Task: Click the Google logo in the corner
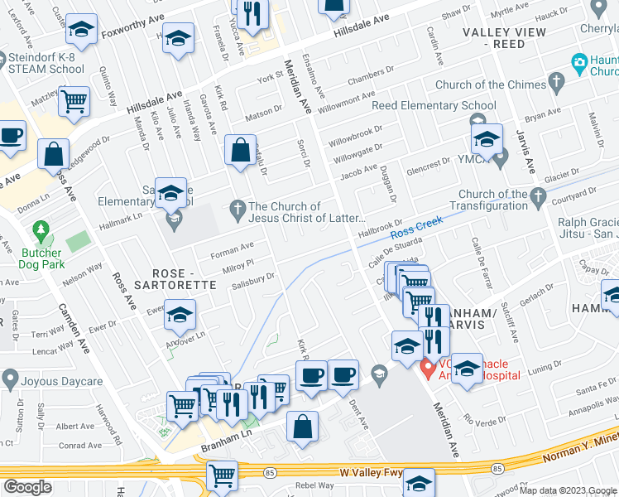pyautogui.click(x=27, y=486)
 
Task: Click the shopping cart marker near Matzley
pyautogui.click(x=75, y=103)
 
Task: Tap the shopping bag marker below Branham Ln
pyautogui.click(x=304, y=427)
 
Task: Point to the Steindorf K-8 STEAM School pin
pyautogui.click(x=7, y=59)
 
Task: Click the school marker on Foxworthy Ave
pyautogui.click(x=81, y=31)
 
